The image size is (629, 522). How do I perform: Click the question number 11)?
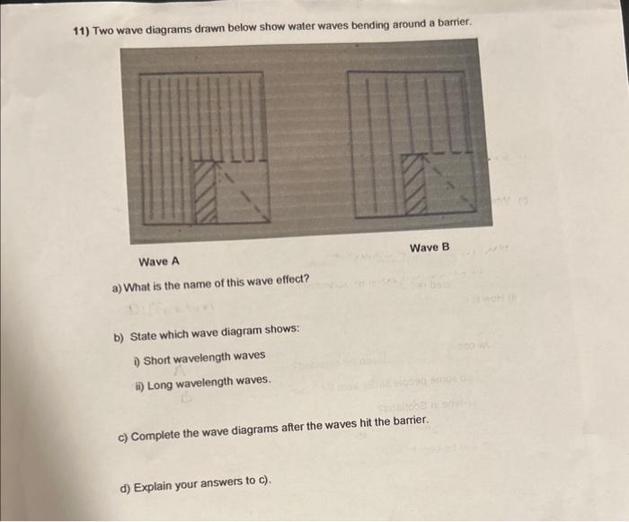click(81, 31)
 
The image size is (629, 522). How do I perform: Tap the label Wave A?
click(159, 262)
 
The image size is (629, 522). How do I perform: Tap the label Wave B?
click(429, 247)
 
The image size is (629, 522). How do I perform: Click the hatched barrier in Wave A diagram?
click(206, 190)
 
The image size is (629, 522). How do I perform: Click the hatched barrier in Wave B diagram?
click(413, 182)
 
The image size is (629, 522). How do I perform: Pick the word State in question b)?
click(146, 336)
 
